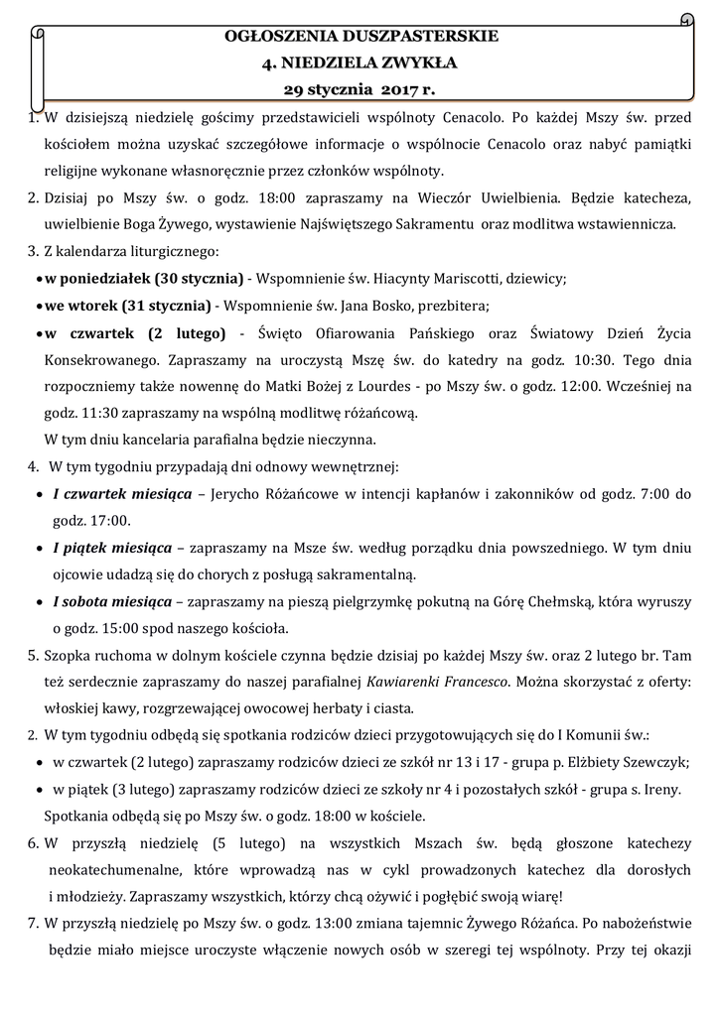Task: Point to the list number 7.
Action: coord(33,924)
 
